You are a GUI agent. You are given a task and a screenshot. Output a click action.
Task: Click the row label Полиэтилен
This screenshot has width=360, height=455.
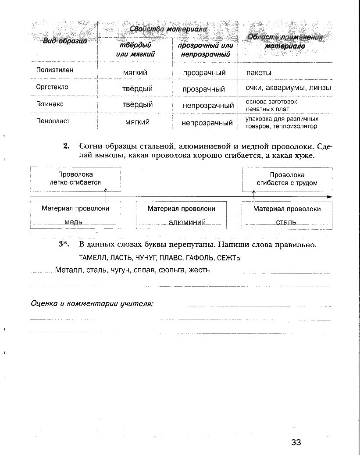coord(55,70)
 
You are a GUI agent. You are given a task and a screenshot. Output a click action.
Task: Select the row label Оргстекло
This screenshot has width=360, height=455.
coord(52,87)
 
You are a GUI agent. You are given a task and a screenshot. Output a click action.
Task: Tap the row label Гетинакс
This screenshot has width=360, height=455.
coord(50,104)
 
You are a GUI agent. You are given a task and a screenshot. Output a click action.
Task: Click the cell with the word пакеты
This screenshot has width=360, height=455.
coord(259,72)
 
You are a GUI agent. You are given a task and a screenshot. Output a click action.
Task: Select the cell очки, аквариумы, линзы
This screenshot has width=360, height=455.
coord(288,88)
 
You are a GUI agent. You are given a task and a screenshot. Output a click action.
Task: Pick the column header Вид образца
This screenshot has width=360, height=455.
coord(65,41)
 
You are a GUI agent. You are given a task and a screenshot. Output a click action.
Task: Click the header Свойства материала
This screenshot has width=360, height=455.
coord(168,29)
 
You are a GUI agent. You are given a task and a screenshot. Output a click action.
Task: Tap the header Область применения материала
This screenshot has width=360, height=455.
coord(285,41)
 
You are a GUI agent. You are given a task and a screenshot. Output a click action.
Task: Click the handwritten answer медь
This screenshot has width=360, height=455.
coord(73,222)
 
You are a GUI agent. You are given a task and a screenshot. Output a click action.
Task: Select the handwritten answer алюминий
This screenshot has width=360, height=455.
coord(187,222)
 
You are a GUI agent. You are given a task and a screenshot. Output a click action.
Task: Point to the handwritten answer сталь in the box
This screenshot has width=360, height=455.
coord(286,222)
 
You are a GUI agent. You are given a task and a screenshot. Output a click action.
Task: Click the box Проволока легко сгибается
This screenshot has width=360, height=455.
coord(75,178)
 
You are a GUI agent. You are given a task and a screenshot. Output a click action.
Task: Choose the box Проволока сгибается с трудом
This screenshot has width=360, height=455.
coord(287,179)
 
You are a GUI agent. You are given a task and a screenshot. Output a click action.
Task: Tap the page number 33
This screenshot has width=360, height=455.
coord(296,442)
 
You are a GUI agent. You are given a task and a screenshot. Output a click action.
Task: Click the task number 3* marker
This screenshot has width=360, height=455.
coord(64,245)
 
